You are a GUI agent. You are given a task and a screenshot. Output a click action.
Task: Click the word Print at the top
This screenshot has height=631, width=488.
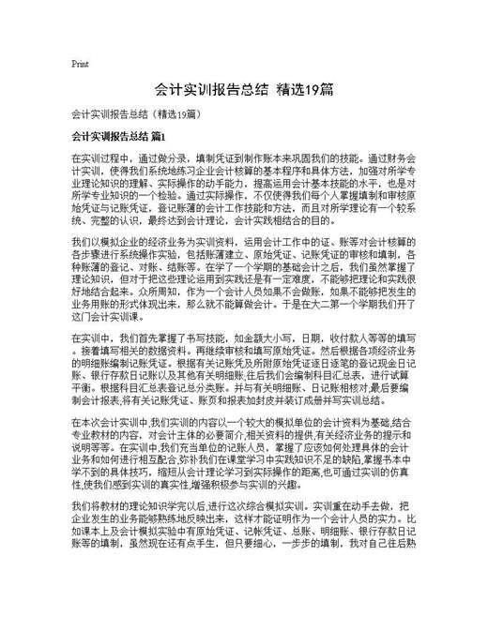point(80,65)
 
